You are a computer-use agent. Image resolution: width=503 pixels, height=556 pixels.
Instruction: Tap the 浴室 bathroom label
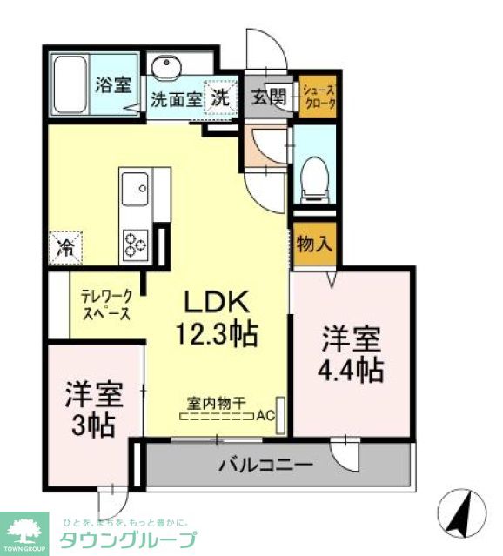tap(112, 85)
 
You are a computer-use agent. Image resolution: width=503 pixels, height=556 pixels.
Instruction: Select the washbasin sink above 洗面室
tap(164, 68)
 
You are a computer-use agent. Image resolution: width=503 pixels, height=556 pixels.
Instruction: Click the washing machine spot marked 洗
tap(220, 97)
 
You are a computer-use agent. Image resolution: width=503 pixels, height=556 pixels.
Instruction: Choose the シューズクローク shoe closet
tap(318, 96)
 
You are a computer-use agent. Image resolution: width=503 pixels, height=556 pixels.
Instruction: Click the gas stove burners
tap(137, 241)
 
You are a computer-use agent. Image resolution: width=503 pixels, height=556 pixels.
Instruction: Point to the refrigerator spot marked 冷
tap(66, 245)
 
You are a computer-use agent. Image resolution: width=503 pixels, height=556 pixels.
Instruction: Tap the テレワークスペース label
tap(106, 306)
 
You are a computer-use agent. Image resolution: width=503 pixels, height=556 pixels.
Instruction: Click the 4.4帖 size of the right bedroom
tap(351, 370)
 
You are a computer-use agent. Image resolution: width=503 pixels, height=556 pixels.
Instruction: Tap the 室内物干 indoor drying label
tap(217, 402)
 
